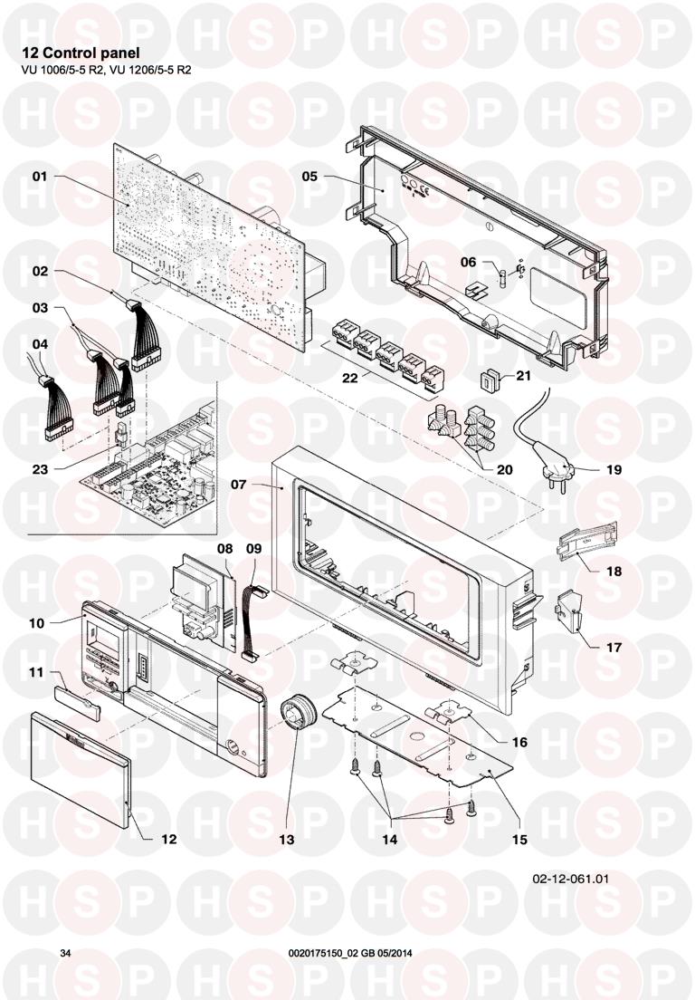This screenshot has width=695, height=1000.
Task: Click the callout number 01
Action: point(40,178)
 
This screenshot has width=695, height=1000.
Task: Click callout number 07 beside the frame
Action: point(239,485)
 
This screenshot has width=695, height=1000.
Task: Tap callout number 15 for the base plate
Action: point(520,839)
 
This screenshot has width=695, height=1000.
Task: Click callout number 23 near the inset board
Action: point(40,469)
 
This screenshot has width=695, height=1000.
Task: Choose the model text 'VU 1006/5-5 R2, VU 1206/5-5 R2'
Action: point(107,70)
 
